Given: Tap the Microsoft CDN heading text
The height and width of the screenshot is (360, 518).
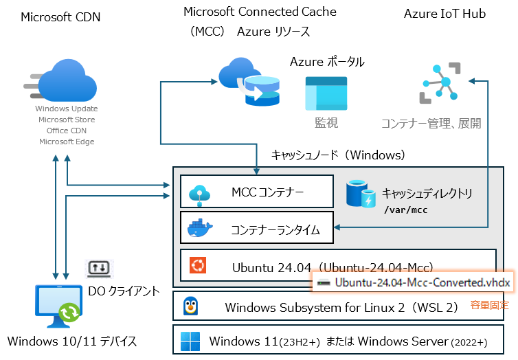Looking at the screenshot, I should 60,17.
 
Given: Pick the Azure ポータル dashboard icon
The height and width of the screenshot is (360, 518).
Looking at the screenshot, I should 326,93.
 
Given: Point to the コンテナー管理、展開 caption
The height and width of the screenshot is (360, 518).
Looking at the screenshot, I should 431,123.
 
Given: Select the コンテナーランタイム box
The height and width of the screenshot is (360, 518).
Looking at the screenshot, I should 257,229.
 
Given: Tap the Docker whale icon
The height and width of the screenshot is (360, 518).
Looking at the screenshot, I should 201,229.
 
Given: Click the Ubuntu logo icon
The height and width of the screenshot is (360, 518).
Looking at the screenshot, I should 199,266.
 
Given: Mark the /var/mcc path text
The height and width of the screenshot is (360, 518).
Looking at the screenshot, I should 405,210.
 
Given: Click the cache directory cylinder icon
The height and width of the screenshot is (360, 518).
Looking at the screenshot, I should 361,194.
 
